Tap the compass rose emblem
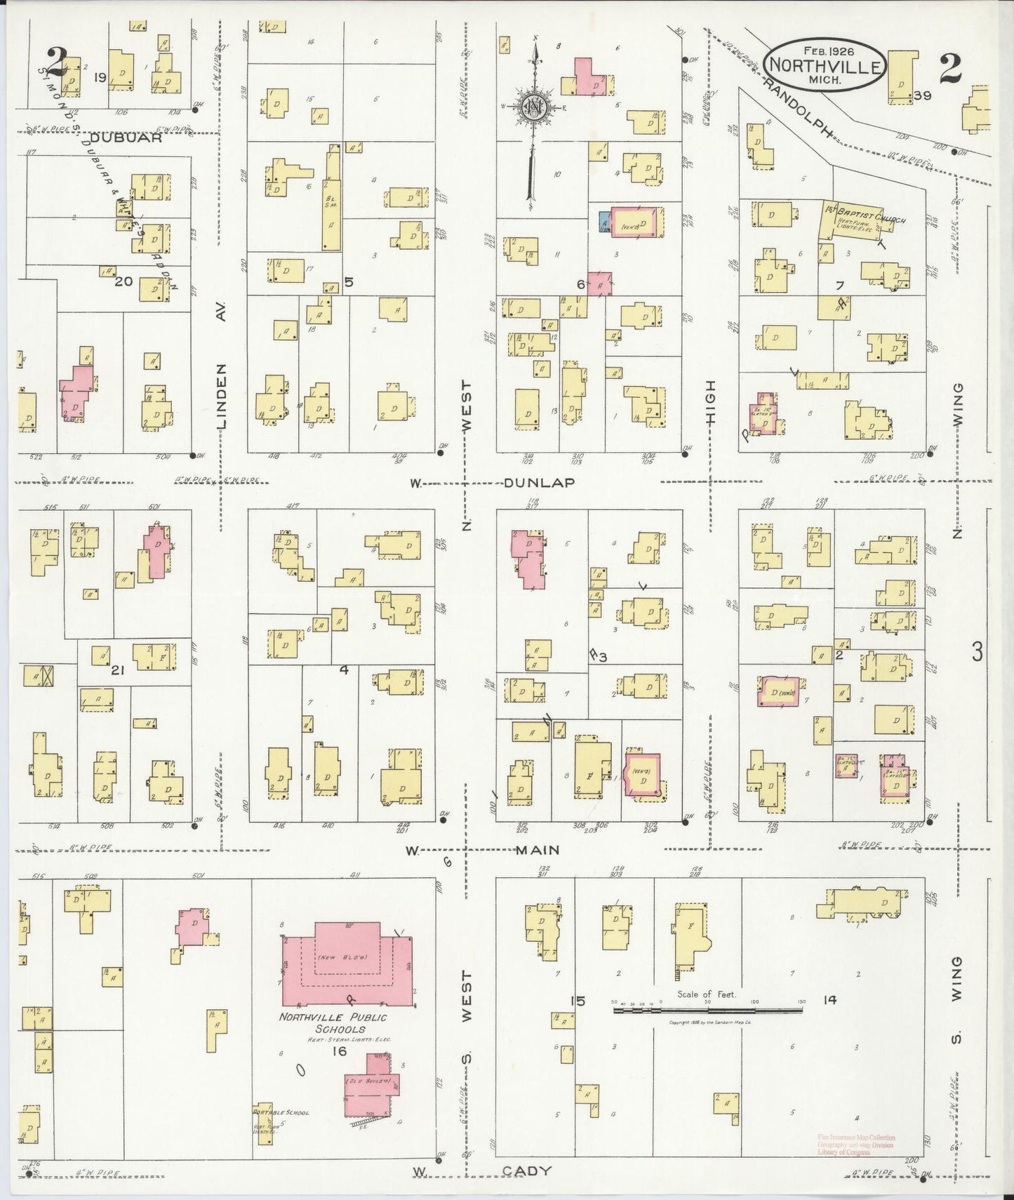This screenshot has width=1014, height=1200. coord(535,107)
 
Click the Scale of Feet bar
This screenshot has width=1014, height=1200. coord(707,1011)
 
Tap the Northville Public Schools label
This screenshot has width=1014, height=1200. coord(333,1023)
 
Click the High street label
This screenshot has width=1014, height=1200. coord(710,402)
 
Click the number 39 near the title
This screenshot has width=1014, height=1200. coord(922,95)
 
